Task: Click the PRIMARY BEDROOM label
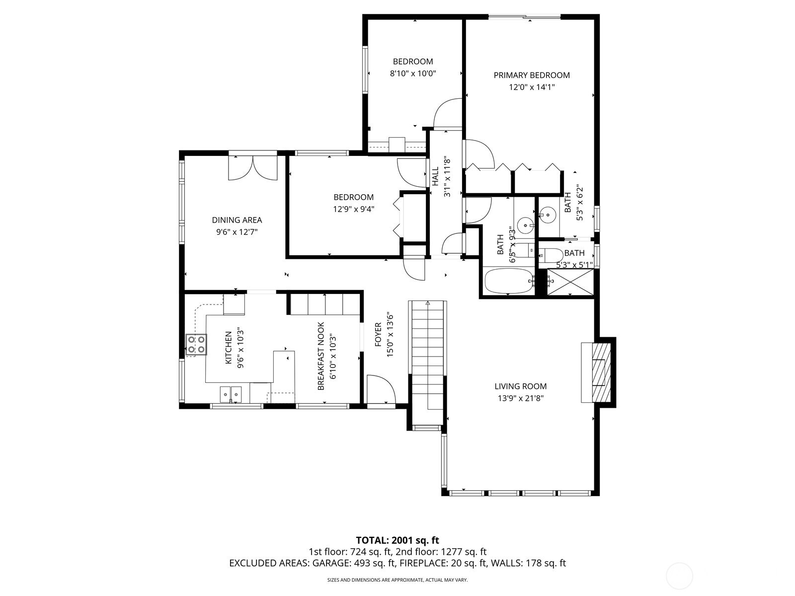point(531,75)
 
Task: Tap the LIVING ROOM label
point(520,386)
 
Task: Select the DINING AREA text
point(237,220)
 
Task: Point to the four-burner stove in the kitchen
point(196,345)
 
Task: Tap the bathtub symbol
point(509,281)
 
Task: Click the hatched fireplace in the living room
point(601,372)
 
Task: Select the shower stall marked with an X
point(570,282)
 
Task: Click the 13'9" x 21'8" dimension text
point(520,398)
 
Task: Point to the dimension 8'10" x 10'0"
point(413,74)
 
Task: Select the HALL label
point(435,176)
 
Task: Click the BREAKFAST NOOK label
point(321,356)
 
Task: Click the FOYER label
point(378,334)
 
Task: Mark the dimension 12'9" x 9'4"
point(353,209)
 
